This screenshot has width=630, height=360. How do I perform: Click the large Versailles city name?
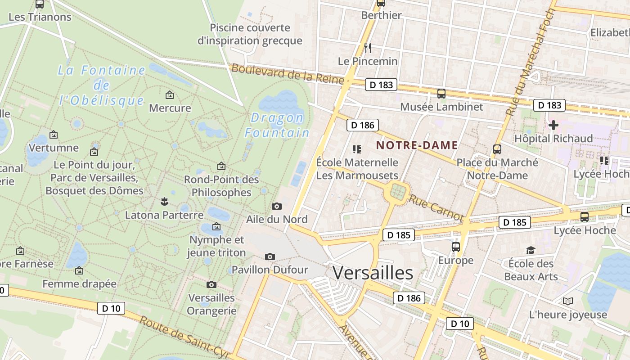click(373, 273)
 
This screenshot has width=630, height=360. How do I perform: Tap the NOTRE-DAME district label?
click(417, 145)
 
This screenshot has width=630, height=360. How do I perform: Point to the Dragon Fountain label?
click(277, 125)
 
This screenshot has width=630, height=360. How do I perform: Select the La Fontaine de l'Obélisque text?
click(102, 85)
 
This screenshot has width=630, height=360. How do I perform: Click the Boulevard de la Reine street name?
click(288, 73)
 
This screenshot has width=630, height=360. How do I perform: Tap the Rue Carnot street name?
click(436, 207)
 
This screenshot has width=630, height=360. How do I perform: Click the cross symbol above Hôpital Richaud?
click(553, 125)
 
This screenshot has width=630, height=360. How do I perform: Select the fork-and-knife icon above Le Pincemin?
click(368, 48)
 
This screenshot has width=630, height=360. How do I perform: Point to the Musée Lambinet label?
click(441, 107)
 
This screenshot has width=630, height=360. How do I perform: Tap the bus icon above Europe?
click(456, 247)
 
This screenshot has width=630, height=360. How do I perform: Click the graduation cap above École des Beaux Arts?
click(531, 250)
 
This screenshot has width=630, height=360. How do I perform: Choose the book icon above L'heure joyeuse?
click(568, 301)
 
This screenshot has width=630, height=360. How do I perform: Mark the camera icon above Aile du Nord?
click(277, 206)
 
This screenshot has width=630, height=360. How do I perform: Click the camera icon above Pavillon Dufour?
click(270, 256)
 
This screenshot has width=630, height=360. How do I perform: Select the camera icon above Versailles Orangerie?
click(211, 284)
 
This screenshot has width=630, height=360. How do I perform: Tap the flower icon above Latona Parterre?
click(164, 201)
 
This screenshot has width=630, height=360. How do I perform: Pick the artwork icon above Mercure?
click(170, 95)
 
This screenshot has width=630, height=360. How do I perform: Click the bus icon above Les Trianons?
click(40, 4)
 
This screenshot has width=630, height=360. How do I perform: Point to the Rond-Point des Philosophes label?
click(221, 186)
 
